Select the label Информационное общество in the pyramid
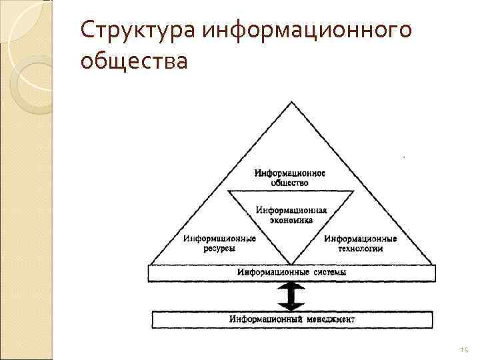(x=290, y=178)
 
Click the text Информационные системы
(x=291, y=272)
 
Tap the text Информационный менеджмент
(x=291, y=319)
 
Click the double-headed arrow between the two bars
(x=291, y=295)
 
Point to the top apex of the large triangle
(x=291, y=101)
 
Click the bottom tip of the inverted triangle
(x=291, y=263)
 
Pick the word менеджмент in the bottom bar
(x=331, y=319)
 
